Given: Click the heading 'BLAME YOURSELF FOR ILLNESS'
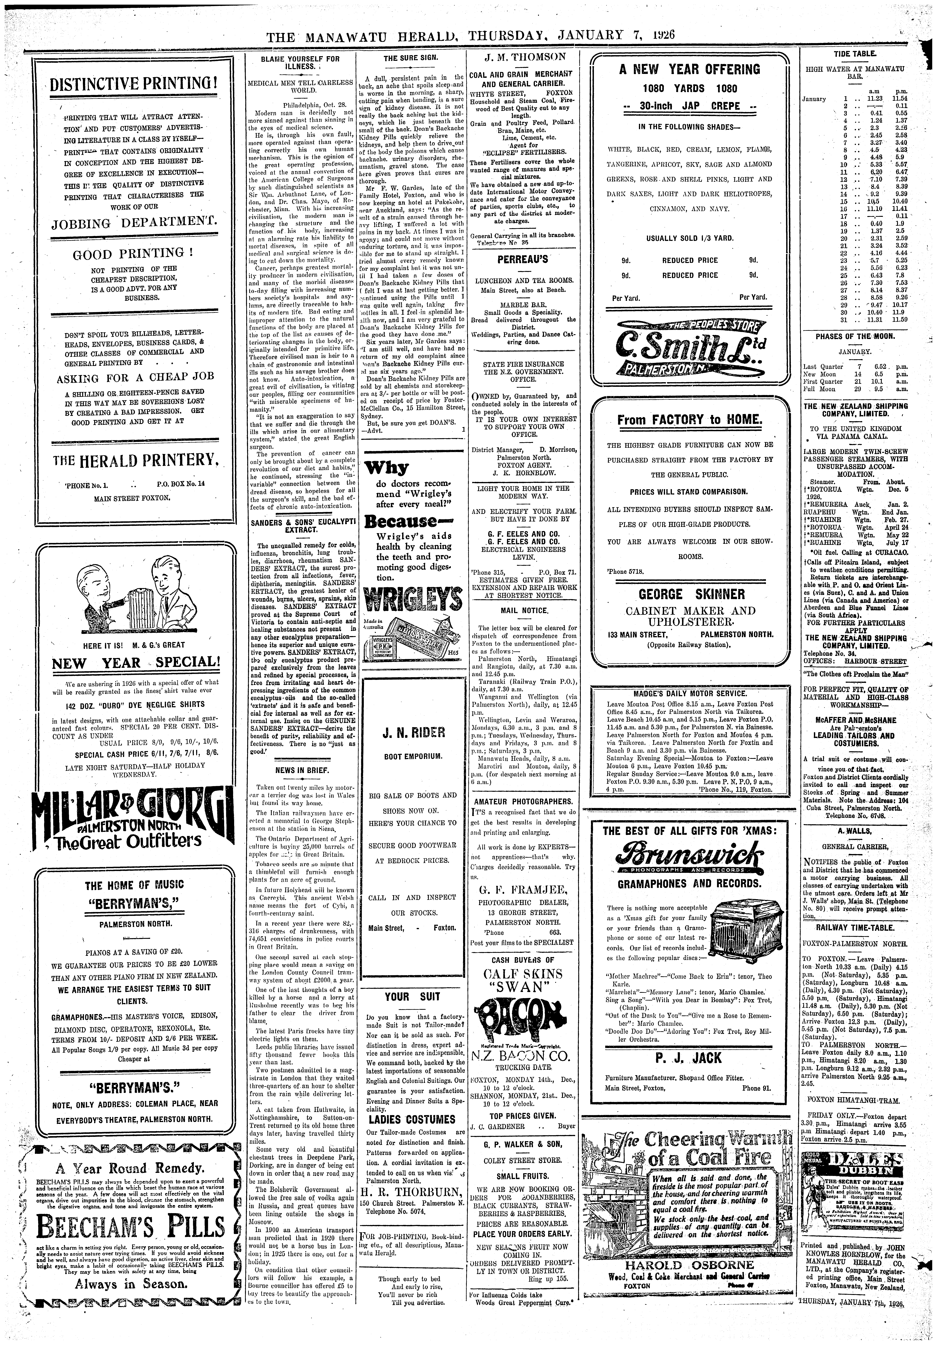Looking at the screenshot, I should point(300,63).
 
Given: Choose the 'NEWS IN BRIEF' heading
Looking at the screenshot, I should point(299,769).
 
